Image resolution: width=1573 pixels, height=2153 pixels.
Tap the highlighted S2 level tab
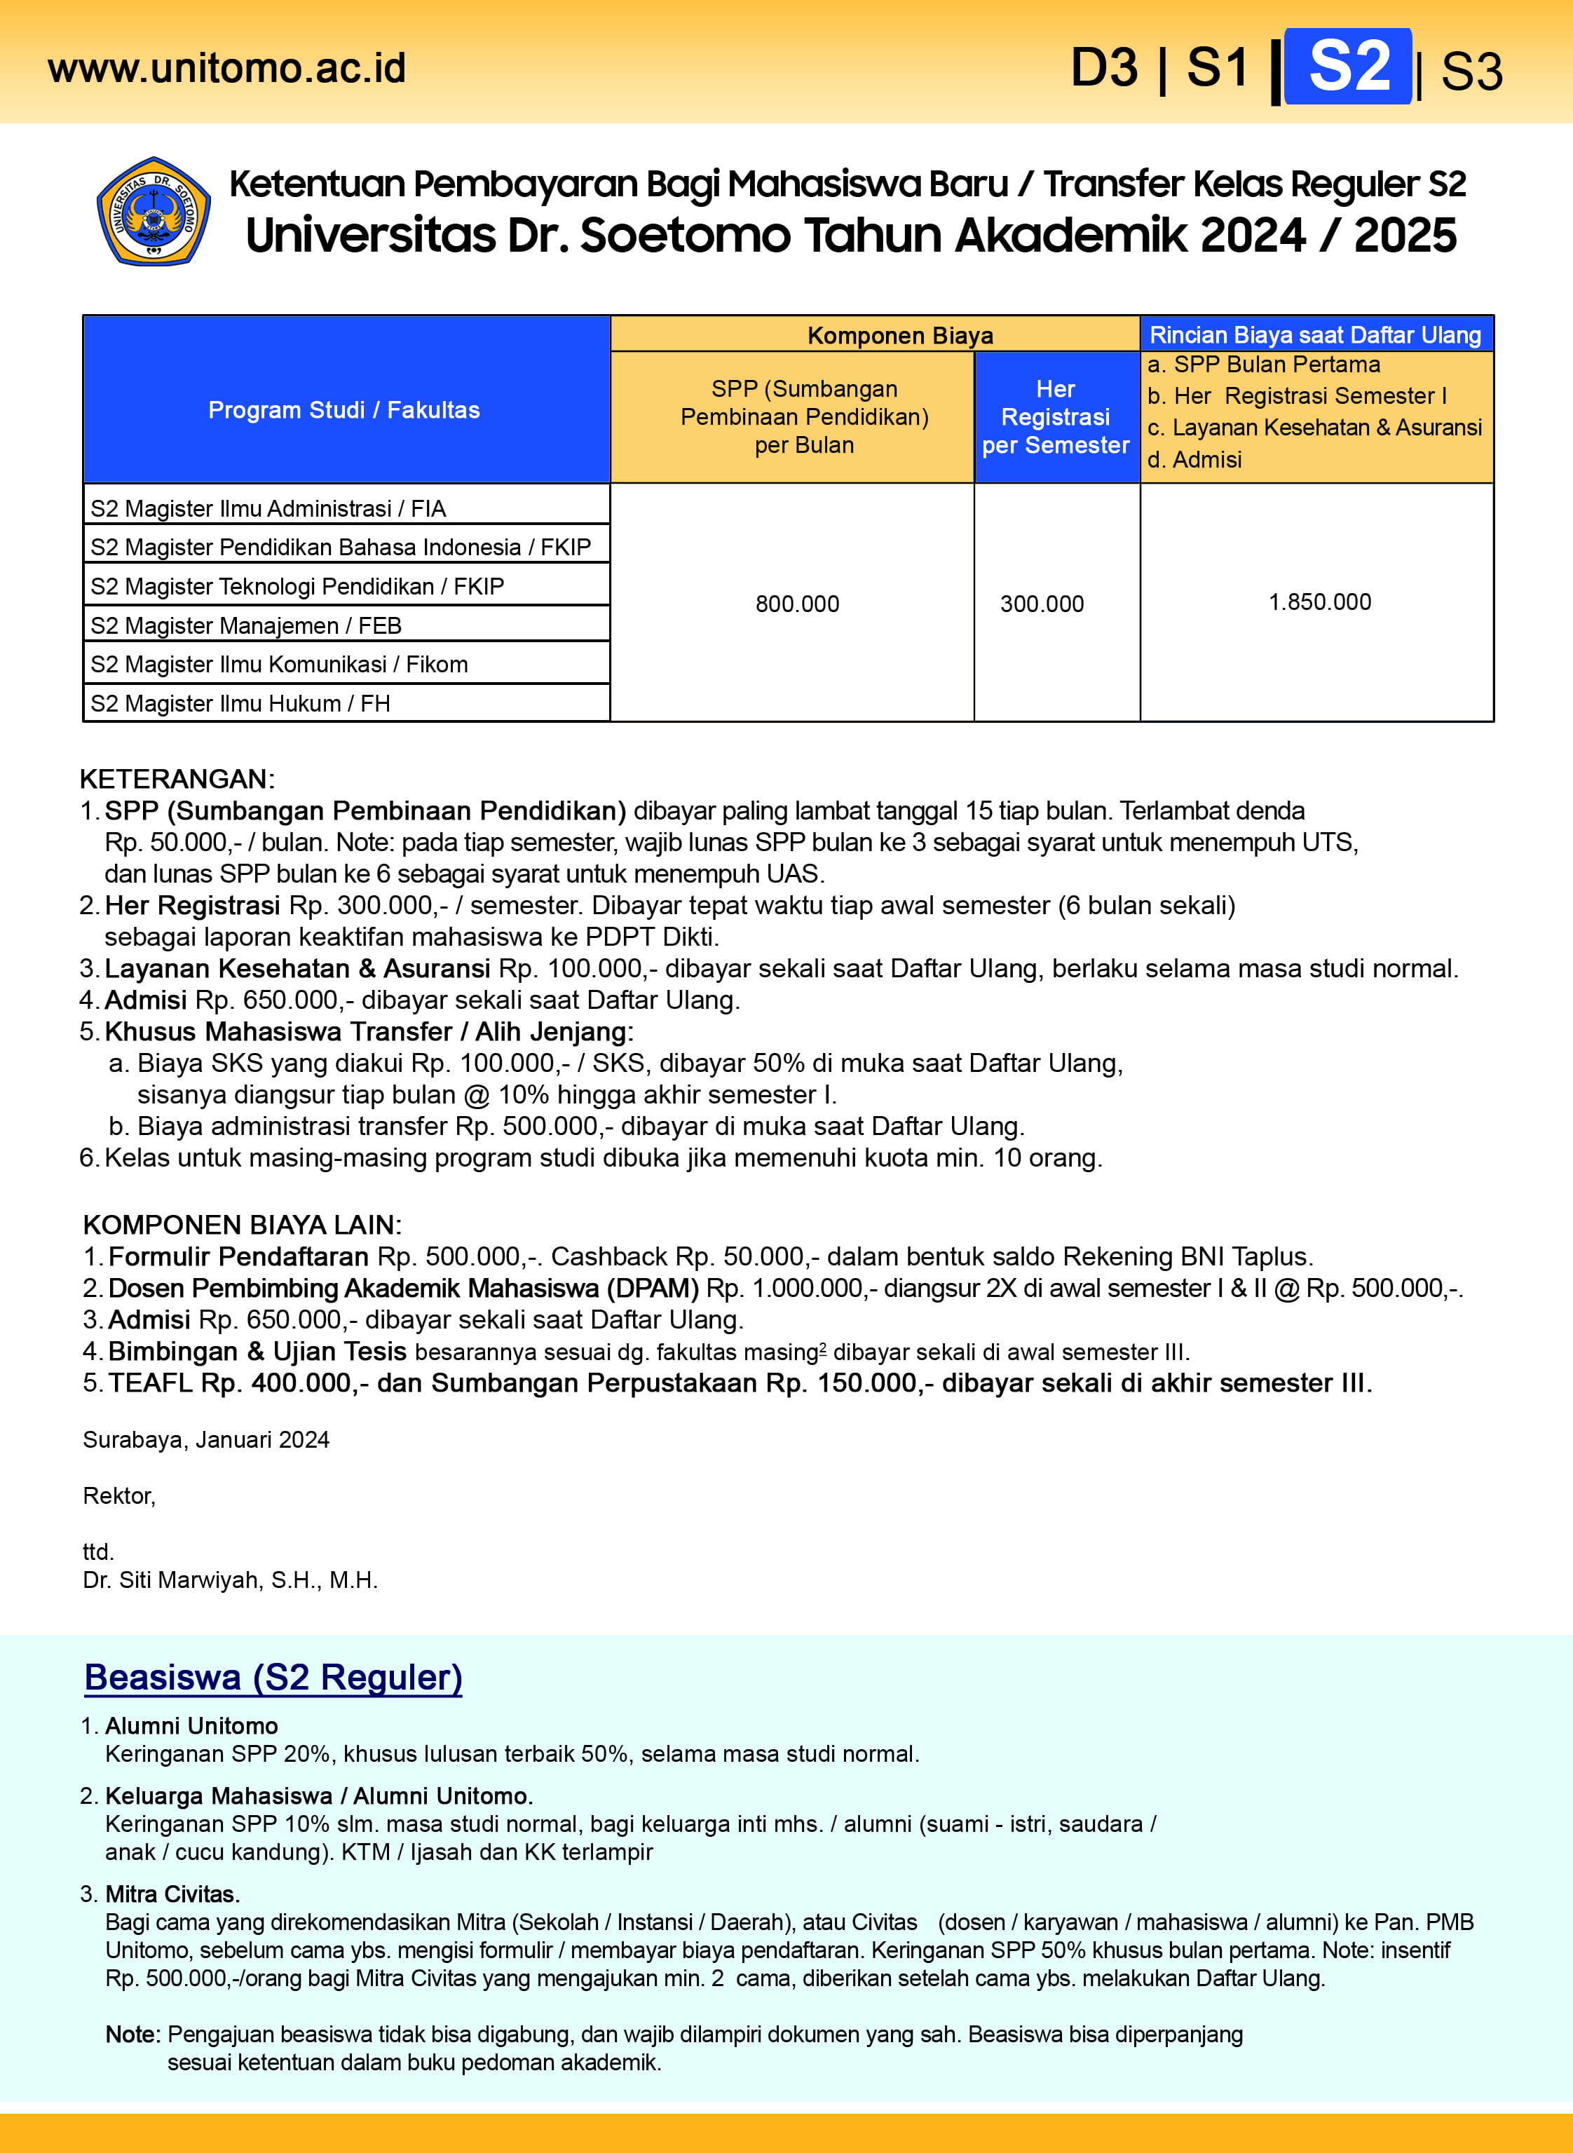coord(1347,67)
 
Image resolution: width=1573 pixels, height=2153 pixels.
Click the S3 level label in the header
coord(1471,72)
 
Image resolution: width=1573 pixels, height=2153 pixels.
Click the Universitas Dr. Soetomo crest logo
coord(154,212)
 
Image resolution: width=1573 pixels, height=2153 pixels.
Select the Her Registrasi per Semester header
coord(1055,417)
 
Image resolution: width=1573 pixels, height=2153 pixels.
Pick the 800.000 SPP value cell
coord(797,604)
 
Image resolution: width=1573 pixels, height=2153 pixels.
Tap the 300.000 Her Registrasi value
coord(1042,604)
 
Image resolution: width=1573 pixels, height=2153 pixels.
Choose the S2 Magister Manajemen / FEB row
coord(245,625)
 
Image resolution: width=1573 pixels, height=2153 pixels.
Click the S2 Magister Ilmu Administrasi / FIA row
coord(268,508)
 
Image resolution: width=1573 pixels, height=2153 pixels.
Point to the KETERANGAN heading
coord(177,779)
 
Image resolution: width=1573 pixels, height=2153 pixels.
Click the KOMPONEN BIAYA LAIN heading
coord(242,1225)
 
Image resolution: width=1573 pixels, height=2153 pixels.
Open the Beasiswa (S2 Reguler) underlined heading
coord(273,1677)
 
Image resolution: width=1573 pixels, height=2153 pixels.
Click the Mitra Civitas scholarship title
coord(172,1894)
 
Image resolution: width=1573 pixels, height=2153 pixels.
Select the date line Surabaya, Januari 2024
coord(205,1440)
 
